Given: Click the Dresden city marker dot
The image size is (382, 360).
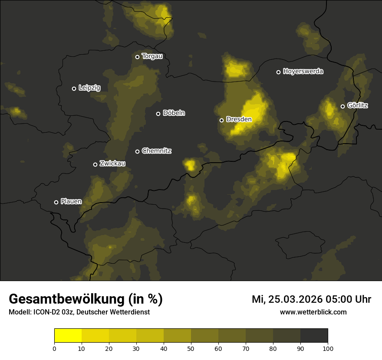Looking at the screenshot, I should click(x=221, y=120).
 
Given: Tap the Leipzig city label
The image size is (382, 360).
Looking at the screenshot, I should click(x=89, y=88).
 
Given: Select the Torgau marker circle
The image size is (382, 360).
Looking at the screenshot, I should click(x=137, y=57).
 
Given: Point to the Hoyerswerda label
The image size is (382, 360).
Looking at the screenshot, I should click(x=303, y=72).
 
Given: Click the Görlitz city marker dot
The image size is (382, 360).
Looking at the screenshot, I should click(x=342, y=106).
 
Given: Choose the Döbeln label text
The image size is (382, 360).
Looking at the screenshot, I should click(x=174, y=113).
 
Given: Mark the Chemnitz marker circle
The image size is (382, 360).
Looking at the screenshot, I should click(x=137, y=151).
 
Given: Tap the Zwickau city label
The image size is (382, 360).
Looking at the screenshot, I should click(x=112, y=164).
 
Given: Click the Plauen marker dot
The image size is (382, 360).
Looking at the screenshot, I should click(x=56, y=202).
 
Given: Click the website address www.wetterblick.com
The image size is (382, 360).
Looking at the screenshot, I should click(x=313, y=312).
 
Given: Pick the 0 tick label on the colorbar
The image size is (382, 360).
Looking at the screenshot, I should click(x=54, y=348).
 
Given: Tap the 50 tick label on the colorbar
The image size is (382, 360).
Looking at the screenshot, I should click(x=191, y=348).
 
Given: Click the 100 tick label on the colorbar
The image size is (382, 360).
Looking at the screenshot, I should click(x=328, y=348).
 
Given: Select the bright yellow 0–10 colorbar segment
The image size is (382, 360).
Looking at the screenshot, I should click(x=68, y=336).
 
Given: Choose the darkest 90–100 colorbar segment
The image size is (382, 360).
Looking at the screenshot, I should click(x=314, y=336).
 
